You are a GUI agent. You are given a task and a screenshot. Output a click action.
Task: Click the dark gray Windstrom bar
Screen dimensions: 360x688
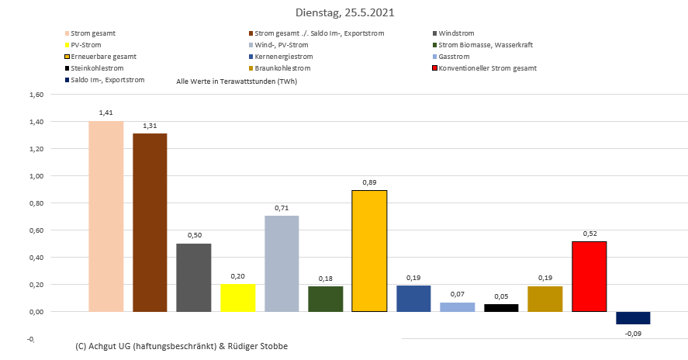click(194, 277)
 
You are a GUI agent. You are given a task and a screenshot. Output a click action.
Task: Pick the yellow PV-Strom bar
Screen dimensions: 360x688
click(238, 297)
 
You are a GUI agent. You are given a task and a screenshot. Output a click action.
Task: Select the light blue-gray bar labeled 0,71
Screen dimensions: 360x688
click(282, 263)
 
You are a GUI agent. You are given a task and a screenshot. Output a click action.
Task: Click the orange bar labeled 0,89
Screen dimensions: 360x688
click(369, 251)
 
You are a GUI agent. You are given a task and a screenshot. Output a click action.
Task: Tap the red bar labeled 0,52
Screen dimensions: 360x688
click(589, 276)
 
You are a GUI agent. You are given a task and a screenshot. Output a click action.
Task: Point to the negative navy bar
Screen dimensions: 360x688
click(633, 317)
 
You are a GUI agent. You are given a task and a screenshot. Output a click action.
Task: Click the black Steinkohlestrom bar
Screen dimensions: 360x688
click(501, 308)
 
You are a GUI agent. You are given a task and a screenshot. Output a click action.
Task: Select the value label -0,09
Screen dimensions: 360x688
click(633, 334)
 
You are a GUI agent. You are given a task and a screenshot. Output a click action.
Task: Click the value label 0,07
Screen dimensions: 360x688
click(458, 294)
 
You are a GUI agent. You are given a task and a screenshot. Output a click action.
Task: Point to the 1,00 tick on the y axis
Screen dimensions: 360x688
click(35, 176)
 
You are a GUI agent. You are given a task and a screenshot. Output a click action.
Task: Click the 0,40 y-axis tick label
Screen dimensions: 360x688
click(35, 258)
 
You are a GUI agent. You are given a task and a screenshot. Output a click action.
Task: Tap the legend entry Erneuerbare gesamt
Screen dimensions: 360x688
click(102, 57)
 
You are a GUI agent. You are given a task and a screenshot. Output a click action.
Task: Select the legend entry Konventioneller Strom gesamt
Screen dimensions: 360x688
click(486, 68)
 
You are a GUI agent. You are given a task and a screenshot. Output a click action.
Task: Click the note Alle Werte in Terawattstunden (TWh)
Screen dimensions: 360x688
click(237, 81)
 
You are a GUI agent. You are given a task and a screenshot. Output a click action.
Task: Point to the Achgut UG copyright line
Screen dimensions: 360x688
click(182, 346)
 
